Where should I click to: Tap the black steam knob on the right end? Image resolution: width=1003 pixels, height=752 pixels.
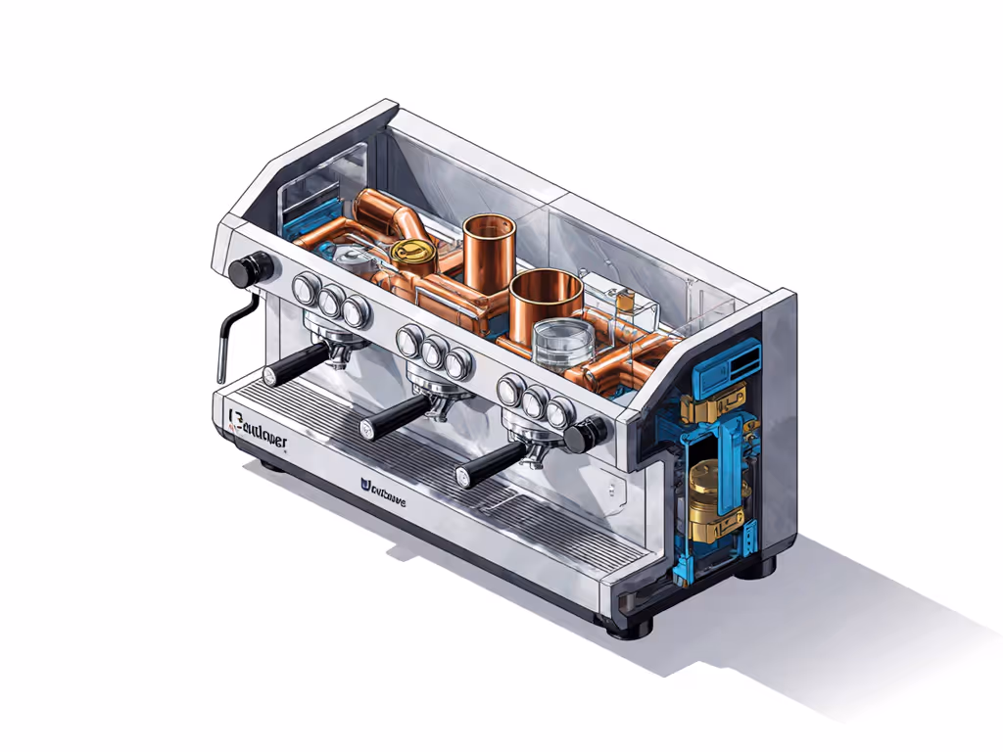[x=590, y=431]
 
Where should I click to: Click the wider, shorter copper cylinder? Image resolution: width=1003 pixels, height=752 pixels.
[x=546, y=299]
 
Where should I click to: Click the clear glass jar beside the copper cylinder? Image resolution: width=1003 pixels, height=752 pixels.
[x=560, y=344]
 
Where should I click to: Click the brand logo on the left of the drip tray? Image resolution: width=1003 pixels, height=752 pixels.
[x=256, y=425]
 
